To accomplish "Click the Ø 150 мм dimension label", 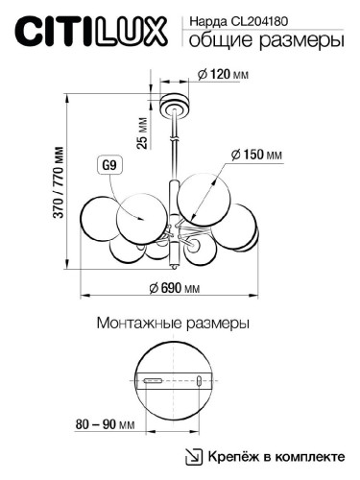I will (x=256, y=154).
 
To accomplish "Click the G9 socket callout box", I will (x=110, y=165).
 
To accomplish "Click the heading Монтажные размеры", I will (x=174, y=324).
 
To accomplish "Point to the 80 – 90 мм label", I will (x=103, y=423).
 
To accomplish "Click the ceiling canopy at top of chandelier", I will (x=173, y=100).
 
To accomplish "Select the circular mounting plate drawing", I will (x=174, y=381).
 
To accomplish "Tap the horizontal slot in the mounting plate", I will (x=152, y=381).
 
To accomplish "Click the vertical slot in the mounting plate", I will (x=199, y=381).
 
